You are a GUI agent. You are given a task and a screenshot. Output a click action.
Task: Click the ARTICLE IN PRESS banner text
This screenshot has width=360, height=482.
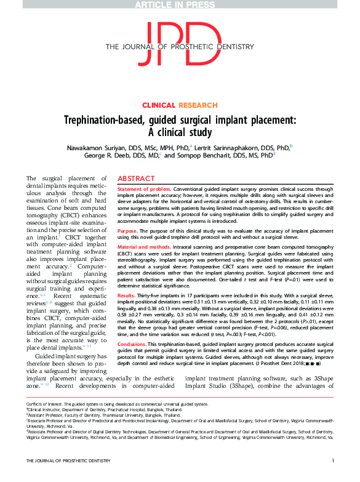180,6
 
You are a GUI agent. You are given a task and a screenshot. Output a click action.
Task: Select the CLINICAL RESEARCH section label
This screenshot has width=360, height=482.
180,105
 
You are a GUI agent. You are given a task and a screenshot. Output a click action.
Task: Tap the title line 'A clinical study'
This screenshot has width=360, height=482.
180,132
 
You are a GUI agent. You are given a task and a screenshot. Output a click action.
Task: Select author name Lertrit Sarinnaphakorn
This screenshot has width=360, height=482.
239,148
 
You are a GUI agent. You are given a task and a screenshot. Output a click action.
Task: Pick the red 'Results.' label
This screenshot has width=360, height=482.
127,295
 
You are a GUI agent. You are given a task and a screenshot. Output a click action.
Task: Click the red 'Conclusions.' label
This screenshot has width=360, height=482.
132,343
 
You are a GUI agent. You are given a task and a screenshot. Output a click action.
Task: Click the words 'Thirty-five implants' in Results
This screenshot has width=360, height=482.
162,295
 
